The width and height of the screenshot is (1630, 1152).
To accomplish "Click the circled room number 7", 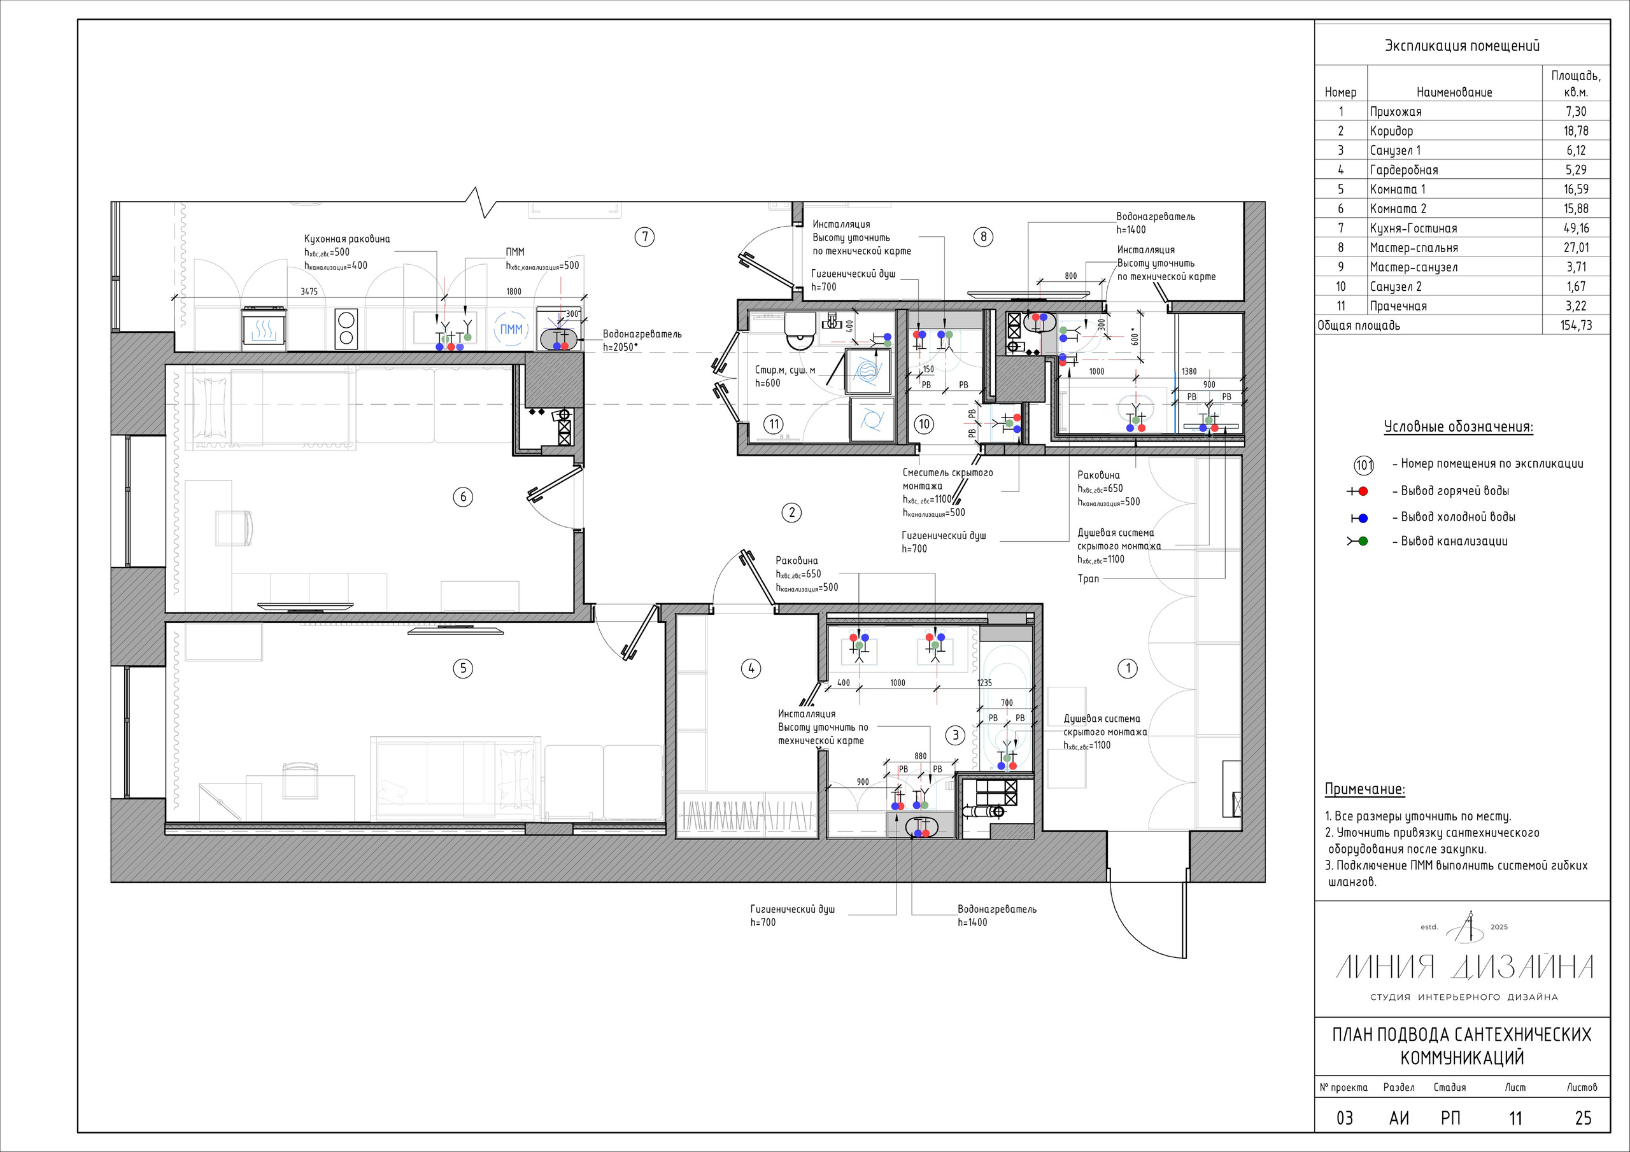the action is (644, 236).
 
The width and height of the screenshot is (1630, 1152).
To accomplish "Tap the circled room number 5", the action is (463, 668).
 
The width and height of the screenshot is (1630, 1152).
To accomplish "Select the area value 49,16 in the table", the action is (1576, 228).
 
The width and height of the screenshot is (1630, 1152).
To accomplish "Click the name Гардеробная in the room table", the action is (1404, 171).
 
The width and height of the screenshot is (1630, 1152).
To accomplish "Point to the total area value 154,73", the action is (1576, 326).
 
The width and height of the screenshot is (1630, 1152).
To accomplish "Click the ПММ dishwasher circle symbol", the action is (511, 329).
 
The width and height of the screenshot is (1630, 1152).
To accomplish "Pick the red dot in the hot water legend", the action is (1363, 491).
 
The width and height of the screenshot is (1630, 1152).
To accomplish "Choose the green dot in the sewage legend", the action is (1363, 542).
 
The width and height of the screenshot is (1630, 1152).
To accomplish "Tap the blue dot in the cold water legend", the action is (1363, 518).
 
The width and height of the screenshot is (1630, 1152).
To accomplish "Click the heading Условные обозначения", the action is (1458, 427).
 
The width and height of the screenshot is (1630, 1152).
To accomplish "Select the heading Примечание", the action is (1364, 789).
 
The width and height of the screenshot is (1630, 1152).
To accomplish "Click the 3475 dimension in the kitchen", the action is (309, 292).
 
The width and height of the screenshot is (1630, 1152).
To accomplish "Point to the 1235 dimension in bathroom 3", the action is (984, 683).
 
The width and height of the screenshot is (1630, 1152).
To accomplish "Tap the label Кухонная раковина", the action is (347, 239).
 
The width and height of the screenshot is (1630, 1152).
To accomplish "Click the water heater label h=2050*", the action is (620, 348).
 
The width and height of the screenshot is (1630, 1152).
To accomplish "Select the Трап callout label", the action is (1088, 579).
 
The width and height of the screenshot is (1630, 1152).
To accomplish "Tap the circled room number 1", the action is (1128, 668).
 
